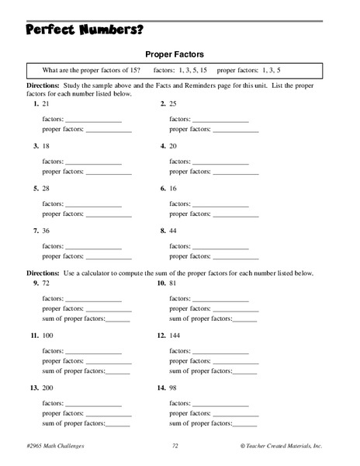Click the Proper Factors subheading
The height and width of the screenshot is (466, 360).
[x=179, y=54]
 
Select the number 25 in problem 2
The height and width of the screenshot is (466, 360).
[x=174, y=103]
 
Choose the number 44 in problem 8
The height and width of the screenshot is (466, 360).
[x=174, y=231]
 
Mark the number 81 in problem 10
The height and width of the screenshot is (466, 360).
[x=174, y=283]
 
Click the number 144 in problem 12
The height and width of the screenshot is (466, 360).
[x=176, y=336]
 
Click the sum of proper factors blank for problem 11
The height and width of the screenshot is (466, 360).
[x=118, y=371]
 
